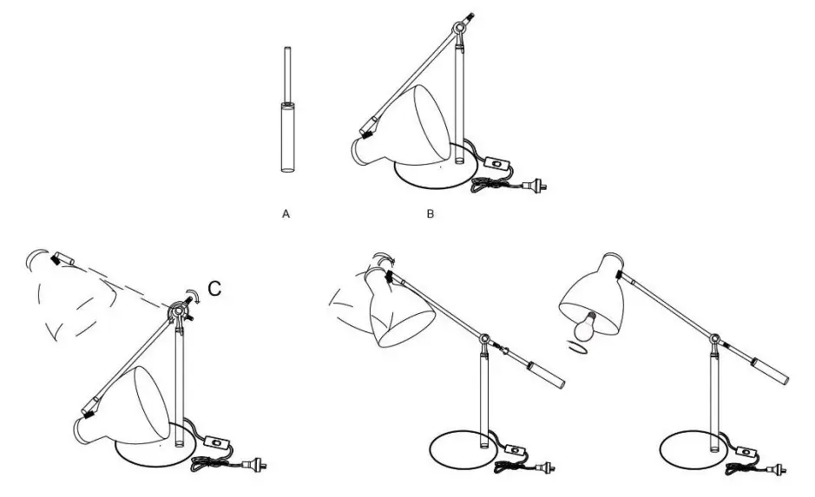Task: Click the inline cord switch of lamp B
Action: pyautogui.click(x=495, y=162)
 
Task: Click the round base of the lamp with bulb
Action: pyautogui.click(x=694, y=451)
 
